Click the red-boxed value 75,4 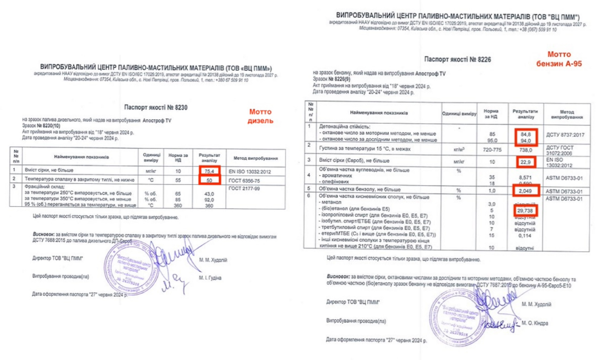tap(209, 171)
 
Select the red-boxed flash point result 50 tap(209, 179)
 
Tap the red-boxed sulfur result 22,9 tap(524, 161)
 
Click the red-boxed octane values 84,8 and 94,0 tap(524, 136)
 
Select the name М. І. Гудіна tap(210, 278)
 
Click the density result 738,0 tap(524, 149)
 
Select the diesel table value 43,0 tap(209, 194)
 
